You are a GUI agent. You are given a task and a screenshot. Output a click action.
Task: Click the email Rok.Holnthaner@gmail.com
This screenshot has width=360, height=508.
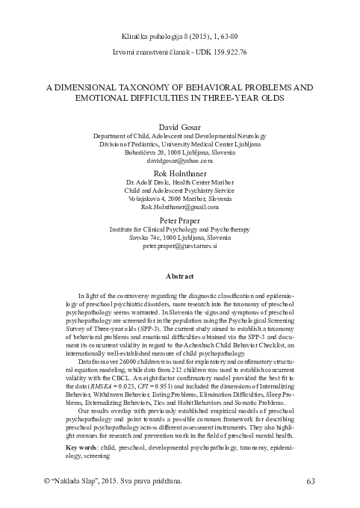point(180,207)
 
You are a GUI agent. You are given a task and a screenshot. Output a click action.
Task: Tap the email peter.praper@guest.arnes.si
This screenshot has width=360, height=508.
point(180,245)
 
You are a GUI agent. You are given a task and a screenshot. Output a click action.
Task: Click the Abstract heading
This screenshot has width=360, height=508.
point(180,276)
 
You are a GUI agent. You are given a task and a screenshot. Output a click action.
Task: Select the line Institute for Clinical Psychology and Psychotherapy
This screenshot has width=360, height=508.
point(180,230)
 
